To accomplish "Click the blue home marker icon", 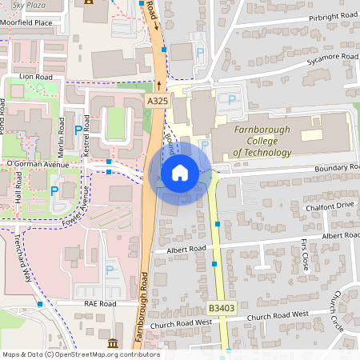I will pos(180,173).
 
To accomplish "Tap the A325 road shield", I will pos(157,102).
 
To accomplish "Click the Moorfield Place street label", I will pos(26,23).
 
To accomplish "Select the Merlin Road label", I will pos(62,133).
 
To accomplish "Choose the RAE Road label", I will pos(100,304).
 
